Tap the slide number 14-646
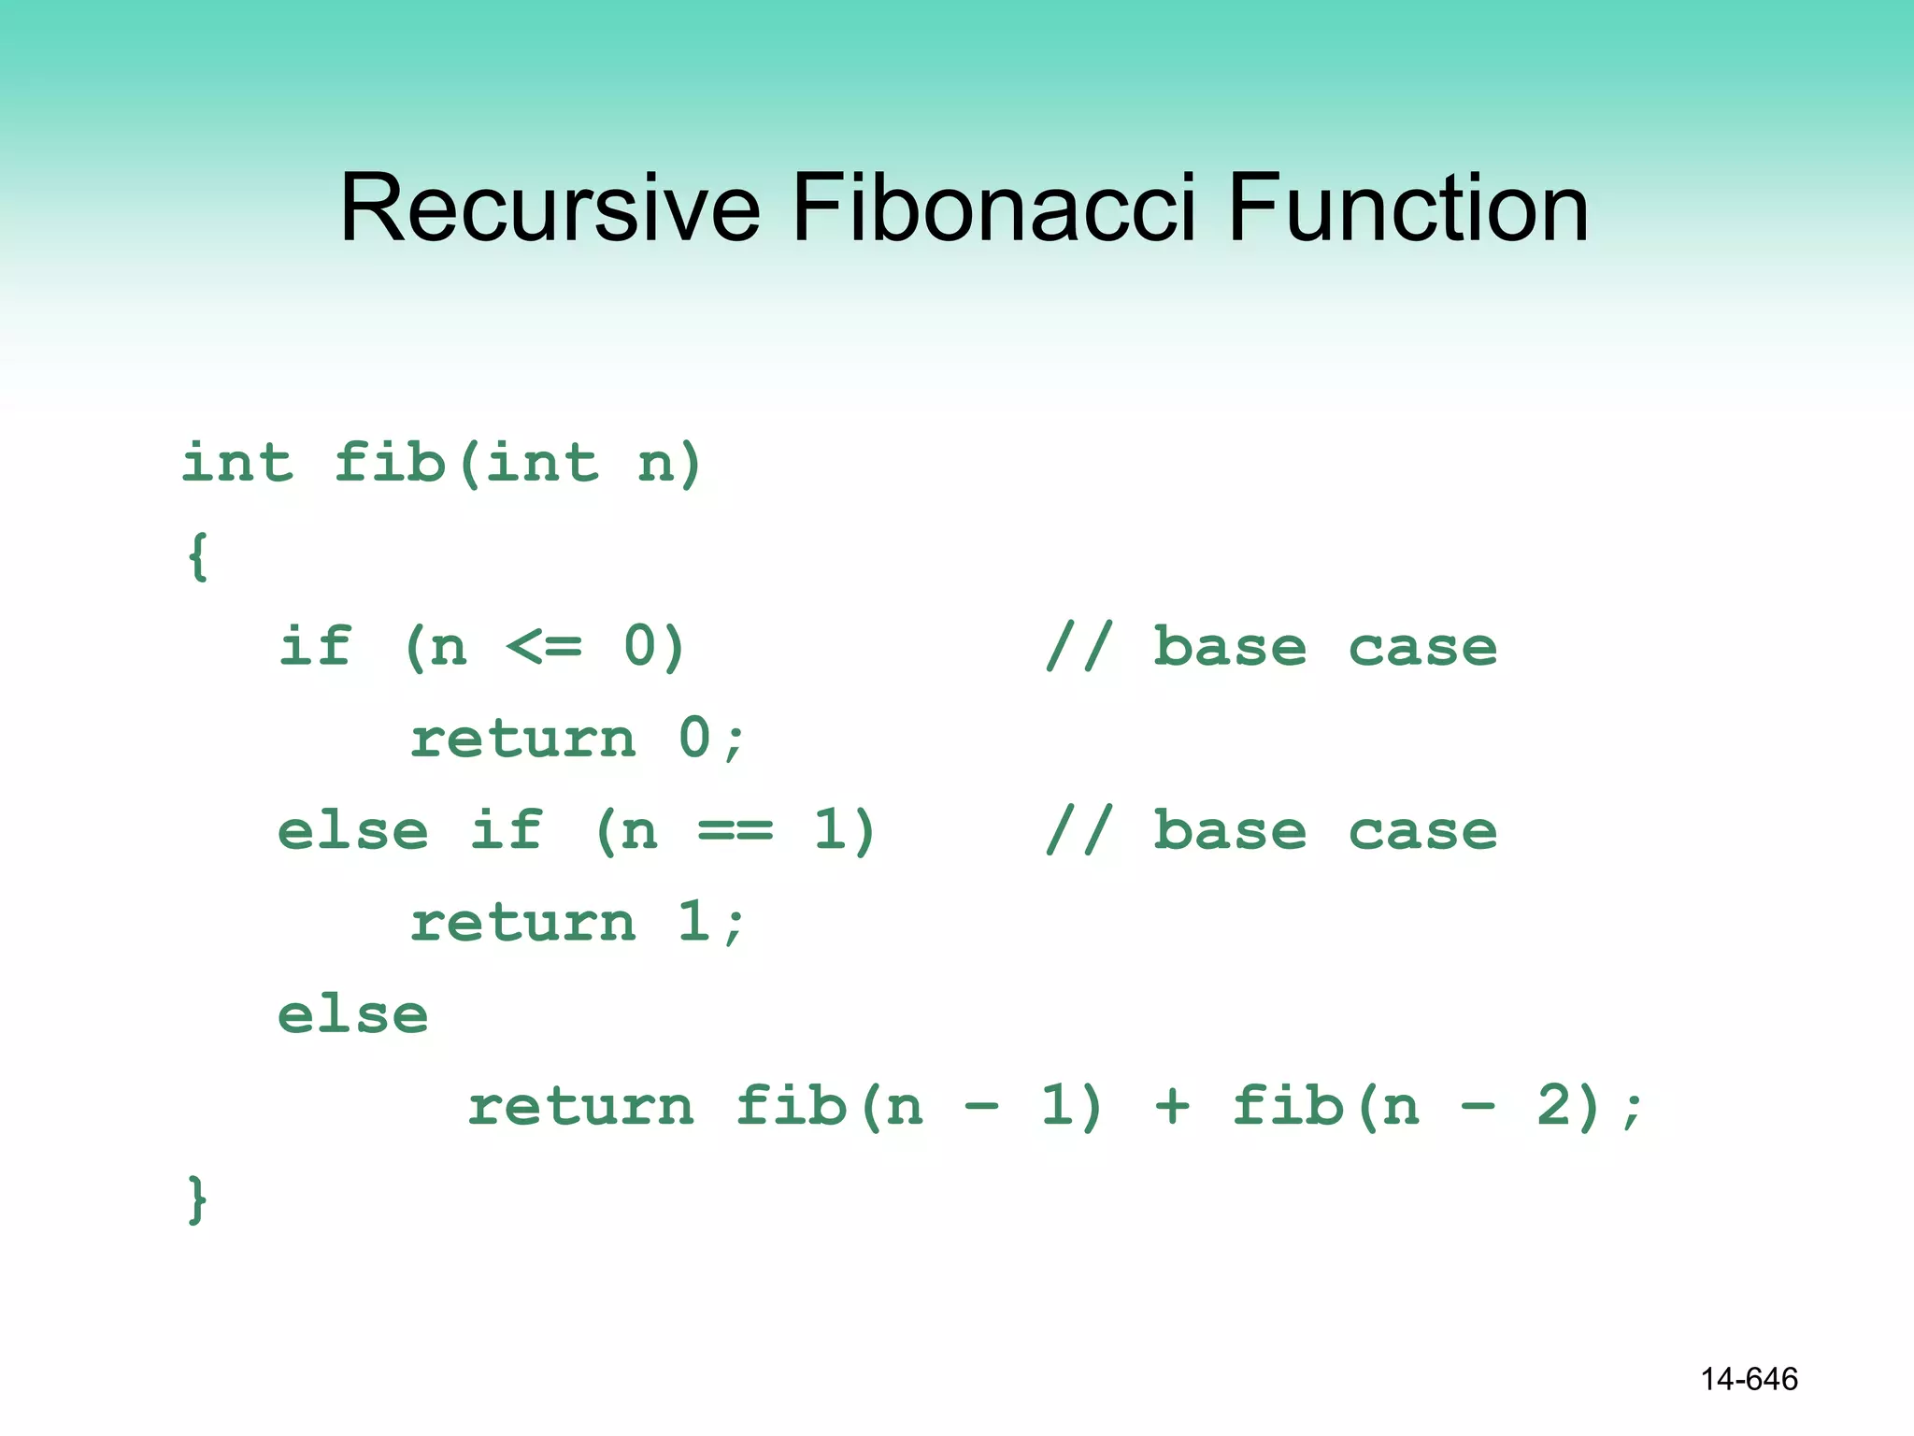point(1749,1379)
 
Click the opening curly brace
point(197,557)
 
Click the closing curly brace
point(197,1199)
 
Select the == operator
point(736,831)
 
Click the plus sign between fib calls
point(1172,1107)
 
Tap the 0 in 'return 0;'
point(694,738)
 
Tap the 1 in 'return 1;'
point(694,922)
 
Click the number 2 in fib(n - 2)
point(1555,1107)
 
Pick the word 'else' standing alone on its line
point(352,1015)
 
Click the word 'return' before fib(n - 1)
point(580,1107)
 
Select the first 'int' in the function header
point(237,463)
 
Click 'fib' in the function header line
point(390,463)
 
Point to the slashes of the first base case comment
point(1078,647)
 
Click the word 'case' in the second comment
point(1421,831)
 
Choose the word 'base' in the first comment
point(1229,647)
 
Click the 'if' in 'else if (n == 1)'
point(506,831)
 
